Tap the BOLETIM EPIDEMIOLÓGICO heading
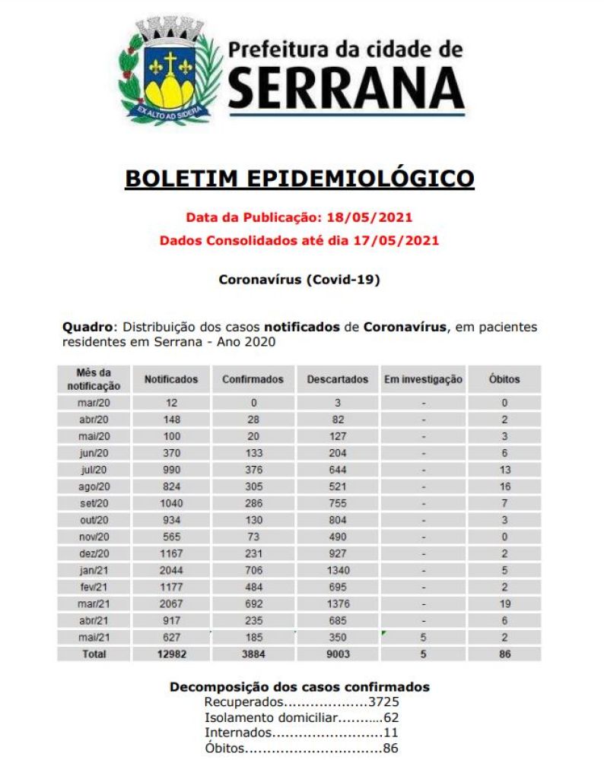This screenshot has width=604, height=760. [299, 179]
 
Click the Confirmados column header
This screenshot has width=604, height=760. [253, 379]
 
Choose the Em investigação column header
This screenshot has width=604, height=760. [423, 379]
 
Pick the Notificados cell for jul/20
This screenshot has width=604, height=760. [171, 470]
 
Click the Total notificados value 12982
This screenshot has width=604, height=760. [171, 654]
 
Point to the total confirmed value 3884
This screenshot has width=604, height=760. [253, 654]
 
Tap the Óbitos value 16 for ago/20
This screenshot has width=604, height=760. [504, 486]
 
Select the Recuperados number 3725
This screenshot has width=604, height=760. [383, 702]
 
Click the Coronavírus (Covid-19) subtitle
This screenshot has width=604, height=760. [299, 280]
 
